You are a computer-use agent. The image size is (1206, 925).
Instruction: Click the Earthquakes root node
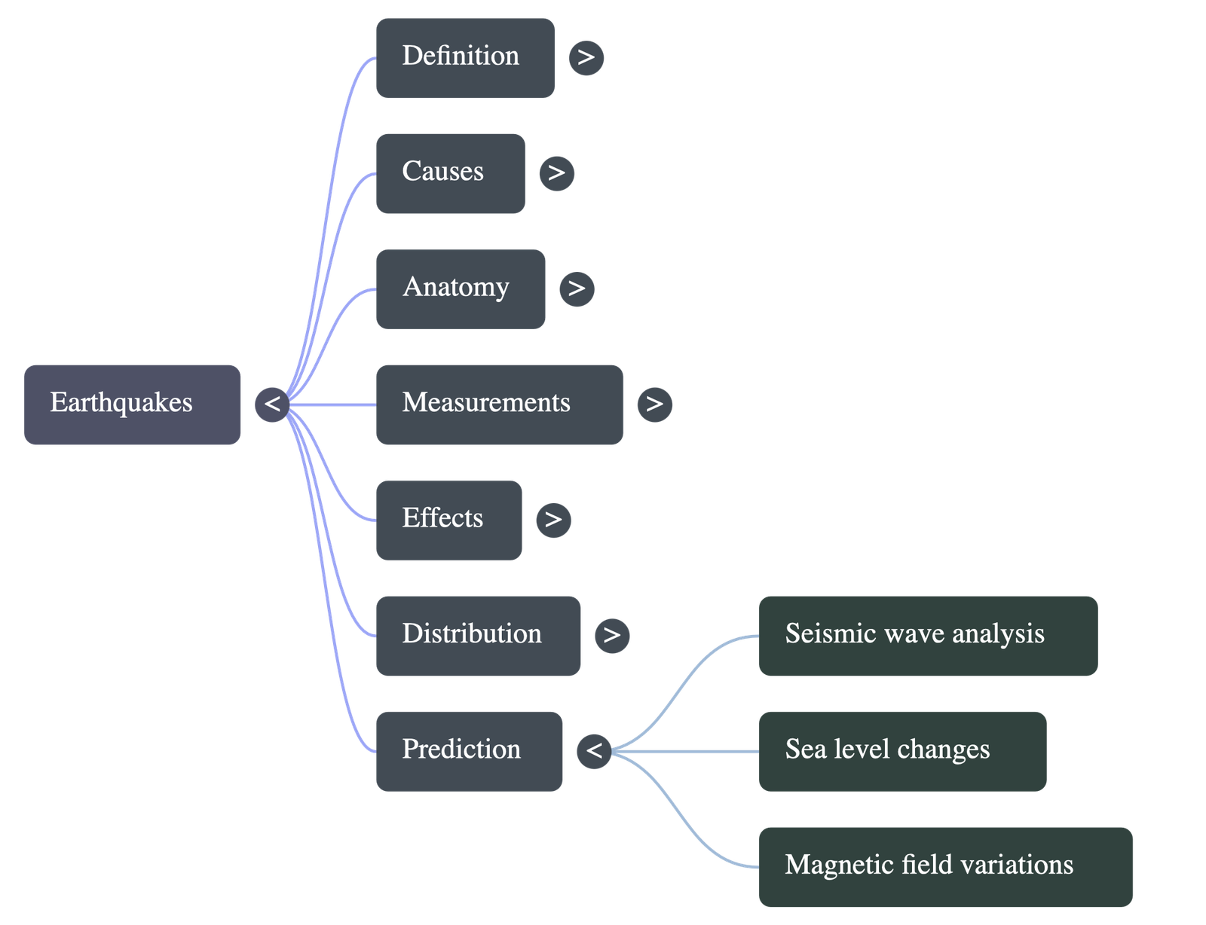point(132,404)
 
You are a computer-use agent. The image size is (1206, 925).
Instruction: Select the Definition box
point(465,58)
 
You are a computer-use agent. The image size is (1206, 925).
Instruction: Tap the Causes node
point(450,173)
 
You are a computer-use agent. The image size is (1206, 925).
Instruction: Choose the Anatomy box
point(460,288)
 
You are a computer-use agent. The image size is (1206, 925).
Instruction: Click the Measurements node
point(499,404)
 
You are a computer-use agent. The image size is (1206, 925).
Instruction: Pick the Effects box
point(448,520)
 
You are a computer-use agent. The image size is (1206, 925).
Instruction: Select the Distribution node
point(478,635)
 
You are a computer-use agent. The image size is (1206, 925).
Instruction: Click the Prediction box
point(469,751)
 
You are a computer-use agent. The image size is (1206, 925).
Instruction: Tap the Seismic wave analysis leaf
point(927,635)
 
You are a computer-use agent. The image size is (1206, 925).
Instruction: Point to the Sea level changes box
point(901,751)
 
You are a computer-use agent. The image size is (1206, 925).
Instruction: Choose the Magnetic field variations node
point(945,866)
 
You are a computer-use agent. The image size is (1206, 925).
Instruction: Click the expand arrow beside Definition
point(586,57)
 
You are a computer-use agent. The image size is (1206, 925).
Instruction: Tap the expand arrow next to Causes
point(556,172)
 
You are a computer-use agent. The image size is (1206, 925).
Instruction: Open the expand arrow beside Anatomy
point(577,288)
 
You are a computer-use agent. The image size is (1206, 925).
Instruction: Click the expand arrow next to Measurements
point(654,404)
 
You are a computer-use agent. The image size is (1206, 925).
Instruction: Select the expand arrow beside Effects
point(553,519)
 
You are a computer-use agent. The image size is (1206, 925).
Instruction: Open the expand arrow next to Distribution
point(611,634)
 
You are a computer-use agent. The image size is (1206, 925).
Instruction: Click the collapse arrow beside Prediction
point(594,750)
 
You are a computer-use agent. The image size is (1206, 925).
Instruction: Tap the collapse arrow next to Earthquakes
point(272,404)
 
